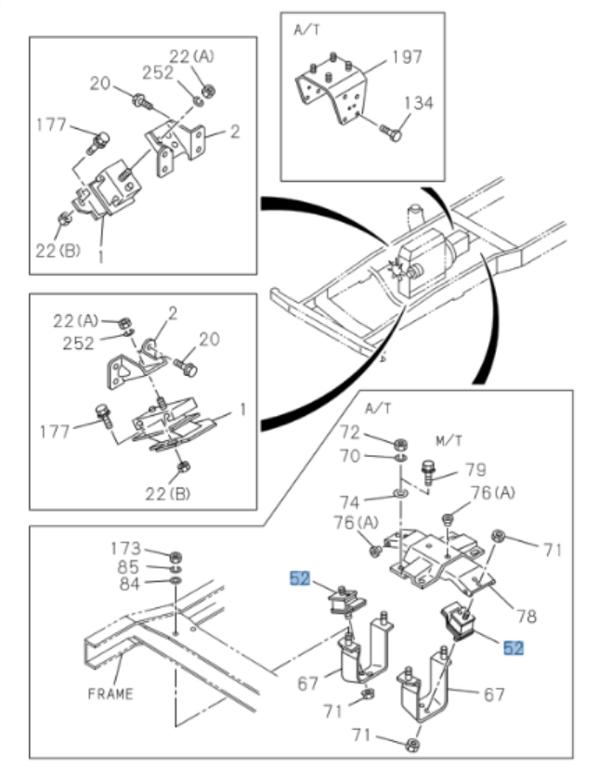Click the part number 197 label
coord(407,57)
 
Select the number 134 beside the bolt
coord(418,102)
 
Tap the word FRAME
coord(111,693)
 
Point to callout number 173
coord(125,548)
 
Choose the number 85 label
coord(128,565)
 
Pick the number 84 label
coord(128,583)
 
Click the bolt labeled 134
coord(390,135)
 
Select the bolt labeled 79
coord(428,472)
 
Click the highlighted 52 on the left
coord(299,579)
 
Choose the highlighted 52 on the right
coord(514,647)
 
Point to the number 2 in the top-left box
coord(236,131)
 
